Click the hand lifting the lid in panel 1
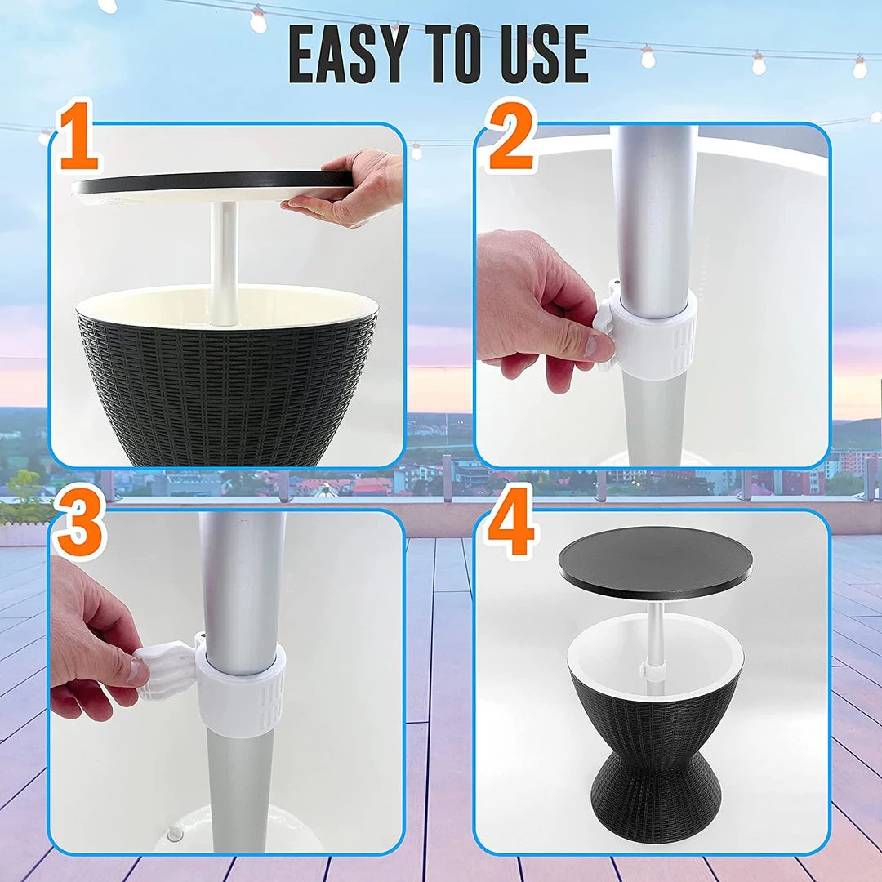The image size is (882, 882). coord(348,189)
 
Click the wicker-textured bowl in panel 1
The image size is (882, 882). coord(227,376)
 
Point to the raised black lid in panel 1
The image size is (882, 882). coord(212,183)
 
